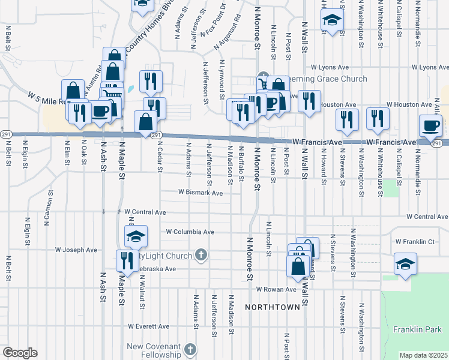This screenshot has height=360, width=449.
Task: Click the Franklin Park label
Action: pyautogui.click(x=418, y=329)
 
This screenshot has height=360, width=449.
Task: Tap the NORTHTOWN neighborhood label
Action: pyautogui.click(x=272, y=307)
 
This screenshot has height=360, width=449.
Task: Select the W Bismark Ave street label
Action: pyautogui.click(x=200, y=193)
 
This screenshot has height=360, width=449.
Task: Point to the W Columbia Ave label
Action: pyautogui.click(x=190, y=232)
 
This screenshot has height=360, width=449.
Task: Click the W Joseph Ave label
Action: pyautogui.click(x=76, y=250)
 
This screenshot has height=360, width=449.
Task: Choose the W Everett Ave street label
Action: pyautogui.click(x=148, y=326)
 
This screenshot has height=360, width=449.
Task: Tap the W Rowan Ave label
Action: pyautogui.click(x=276, y=289)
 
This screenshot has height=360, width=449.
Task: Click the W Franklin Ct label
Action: pyautogui.click(x=415, y=242)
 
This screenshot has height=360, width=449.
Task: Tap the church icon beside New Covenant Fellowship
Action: pyautogui.click(x=190, y=349)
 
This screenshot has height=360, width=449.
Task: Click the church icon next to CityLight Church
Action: pyautogui.click(x=201, y=256)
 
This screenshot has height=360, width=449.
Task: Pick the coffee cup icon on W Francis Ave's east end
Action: pyautogui.click(x=431, y=126)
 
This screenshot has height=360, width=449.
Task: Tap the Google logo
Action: pyautogui.click(x=20, y=353)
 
